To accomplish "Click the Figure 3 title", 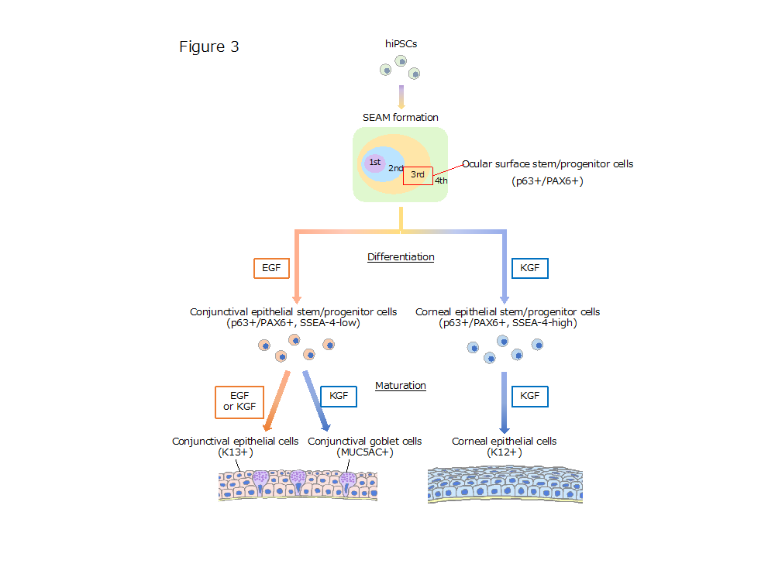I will [x=209, y=47].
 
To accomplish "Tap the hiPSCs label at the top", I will [x=401, y=44].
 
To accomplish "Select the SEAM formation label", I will [x=400, y=118].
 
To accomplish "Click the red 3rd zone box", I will [x=418, y=175].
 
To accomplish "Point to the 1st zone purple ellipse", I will [x=375, y=163].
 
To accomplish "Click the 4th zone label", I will [x=441, y=180].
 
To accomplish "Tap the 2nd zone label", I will [x=395, y=168].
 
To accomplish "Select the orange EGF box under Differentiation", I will [x=271, y=269].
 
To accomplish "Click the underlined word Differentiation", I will [x=401, y=256].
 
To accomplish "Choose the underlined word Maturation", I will [x=401, y=385].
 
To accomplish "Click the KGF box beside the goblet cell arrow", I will [x=339, y=397].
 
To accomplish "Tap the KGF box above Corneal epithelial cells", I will [x=530, y=397].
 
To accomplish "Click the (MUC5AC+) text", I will [x=364, y=452].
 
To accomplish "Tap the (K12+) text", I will [x=504, y=452].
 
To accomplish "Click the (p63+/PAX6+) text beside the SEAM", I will [x=547, y=181].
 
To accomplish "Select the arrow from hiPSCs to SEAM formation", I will [x=401, y=96].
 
